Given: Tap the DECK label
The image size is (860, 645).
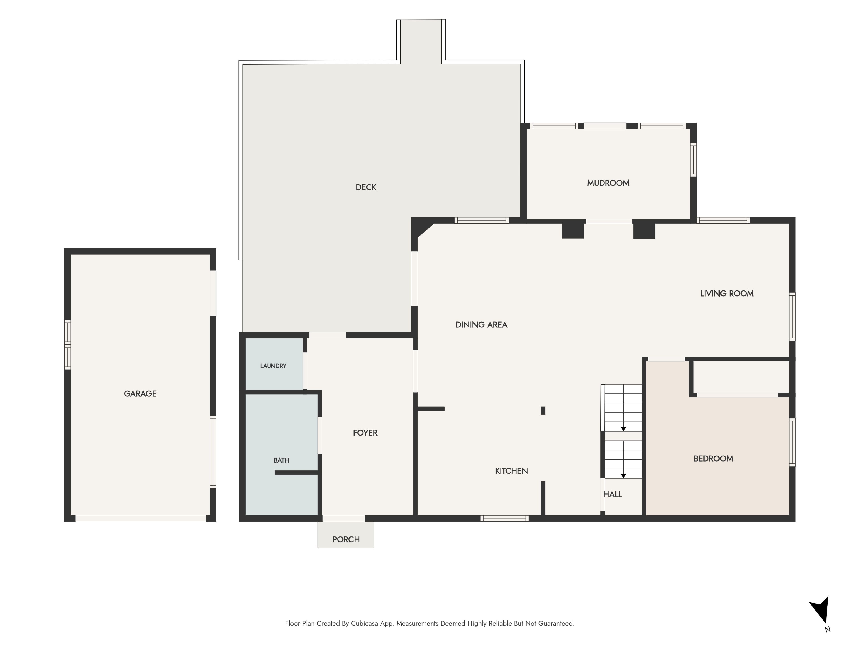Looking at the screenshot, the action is (x=366, y=187).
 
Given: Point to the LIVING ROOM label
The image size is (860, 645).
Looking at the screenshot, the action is (x=727, y=294).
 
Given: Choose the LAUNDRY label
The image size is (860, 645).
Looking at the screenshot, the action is (x=273, y=366).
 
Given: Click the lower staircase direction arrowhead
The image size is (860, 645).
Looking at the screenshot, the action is (x=623, y=476).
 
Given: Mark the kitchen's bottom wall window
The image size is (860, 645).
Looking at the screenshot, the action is (x=504, y=518).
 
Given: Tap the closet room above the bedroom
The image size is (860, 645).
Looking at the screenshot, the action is (x=741, y=377).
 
